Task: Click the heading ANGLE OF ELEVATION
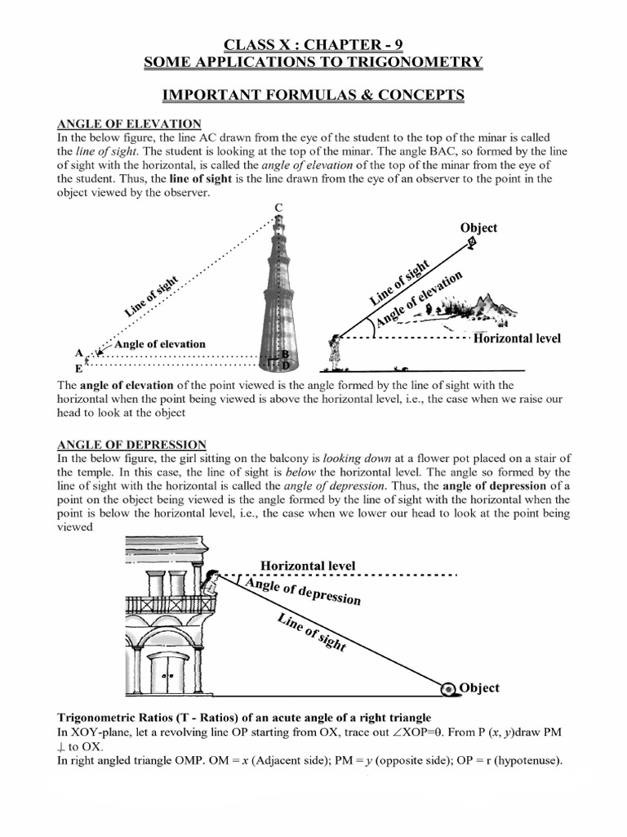[x=128, y=123]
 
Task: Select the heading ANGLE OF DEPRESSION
[x=131, y=444]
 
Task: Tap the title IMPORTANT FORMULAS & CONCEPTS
[x=313, y=96]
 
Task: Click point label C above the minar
[x=278, y=208]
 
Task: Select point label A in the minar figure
[x=78, y=353]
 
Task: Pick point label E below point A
[x=78, y=369]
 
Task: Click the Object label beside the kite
[x=478, y=228]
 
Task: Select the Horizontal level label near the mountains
[x=517, y=338]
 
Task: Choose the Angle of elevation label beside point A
[x=160, y=344]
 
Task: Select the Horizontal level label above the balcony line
[x=308, y=565]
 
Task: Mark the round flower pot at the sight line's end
[x=449, y=688]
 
